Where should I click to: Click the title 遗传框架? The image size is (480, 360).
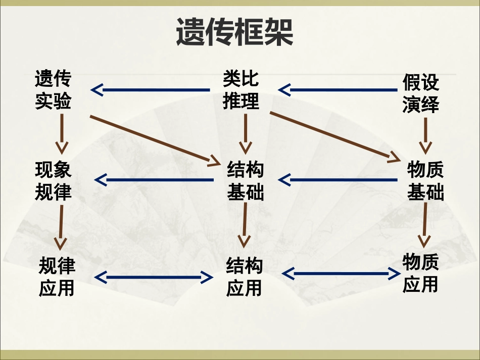coord(234,33)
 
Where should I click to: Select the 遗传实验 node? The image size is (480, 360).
coord(53,90)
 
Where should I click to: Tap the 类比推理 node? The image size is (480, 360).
coord(241,90)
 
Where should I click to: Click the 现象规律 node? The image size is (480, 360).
coord(53,181)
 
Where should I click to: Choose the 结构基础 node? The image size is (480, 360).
coord(246,181)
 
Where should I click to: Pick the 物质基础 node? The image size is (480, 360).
coord(425,181)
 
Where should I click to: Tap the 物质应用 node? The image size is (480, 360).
coord(420,273)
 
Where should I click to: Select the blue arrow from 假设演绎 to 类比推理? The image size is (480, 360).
coord(338,90)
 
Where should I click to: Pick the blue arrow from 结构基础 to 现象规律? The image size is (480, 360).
coord(154,180)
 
